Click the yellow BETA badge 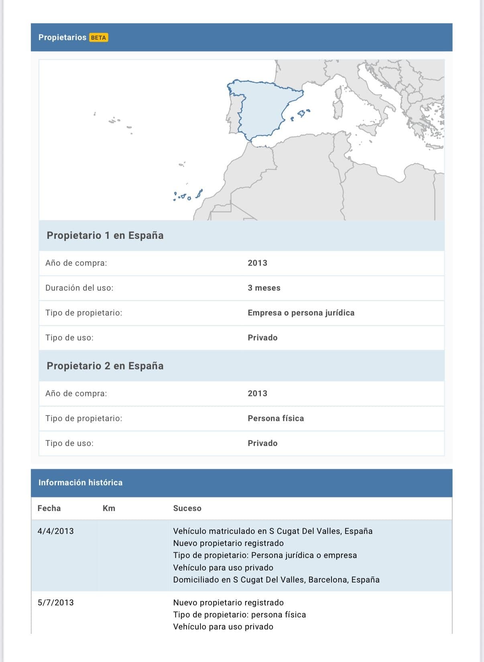(98, 38)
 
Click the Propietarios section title (62, 37)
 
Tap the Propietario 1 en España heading (105, 235)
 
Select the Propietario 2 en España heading (105, 366)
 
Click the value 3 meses (264, 288)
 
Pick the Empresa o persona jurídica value (301, 313)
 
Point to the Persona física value (276, 418)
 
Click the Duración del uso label (79, 288)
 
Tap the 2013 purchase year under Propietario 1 (257, 263)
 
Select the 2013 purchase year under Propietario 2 (257, 393)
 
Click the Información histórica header (80, 483)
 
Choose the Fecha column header (49, 508)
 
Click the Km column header (109, 508)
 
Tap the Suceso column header (187, 508)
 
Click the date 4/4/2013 (55, 531)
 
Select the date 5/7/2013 (55, 603)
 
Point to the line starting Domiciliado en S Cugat (276, 580)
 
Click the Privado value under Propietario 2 (262, 443)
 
